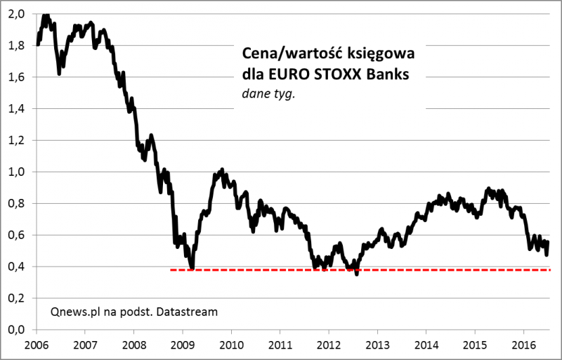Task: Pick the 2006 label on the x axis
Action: [x=36, y=345]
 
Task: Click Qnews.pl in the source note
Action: [x=74, y=311]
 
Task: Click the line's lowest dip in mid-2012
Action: [x=357, y=274]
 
